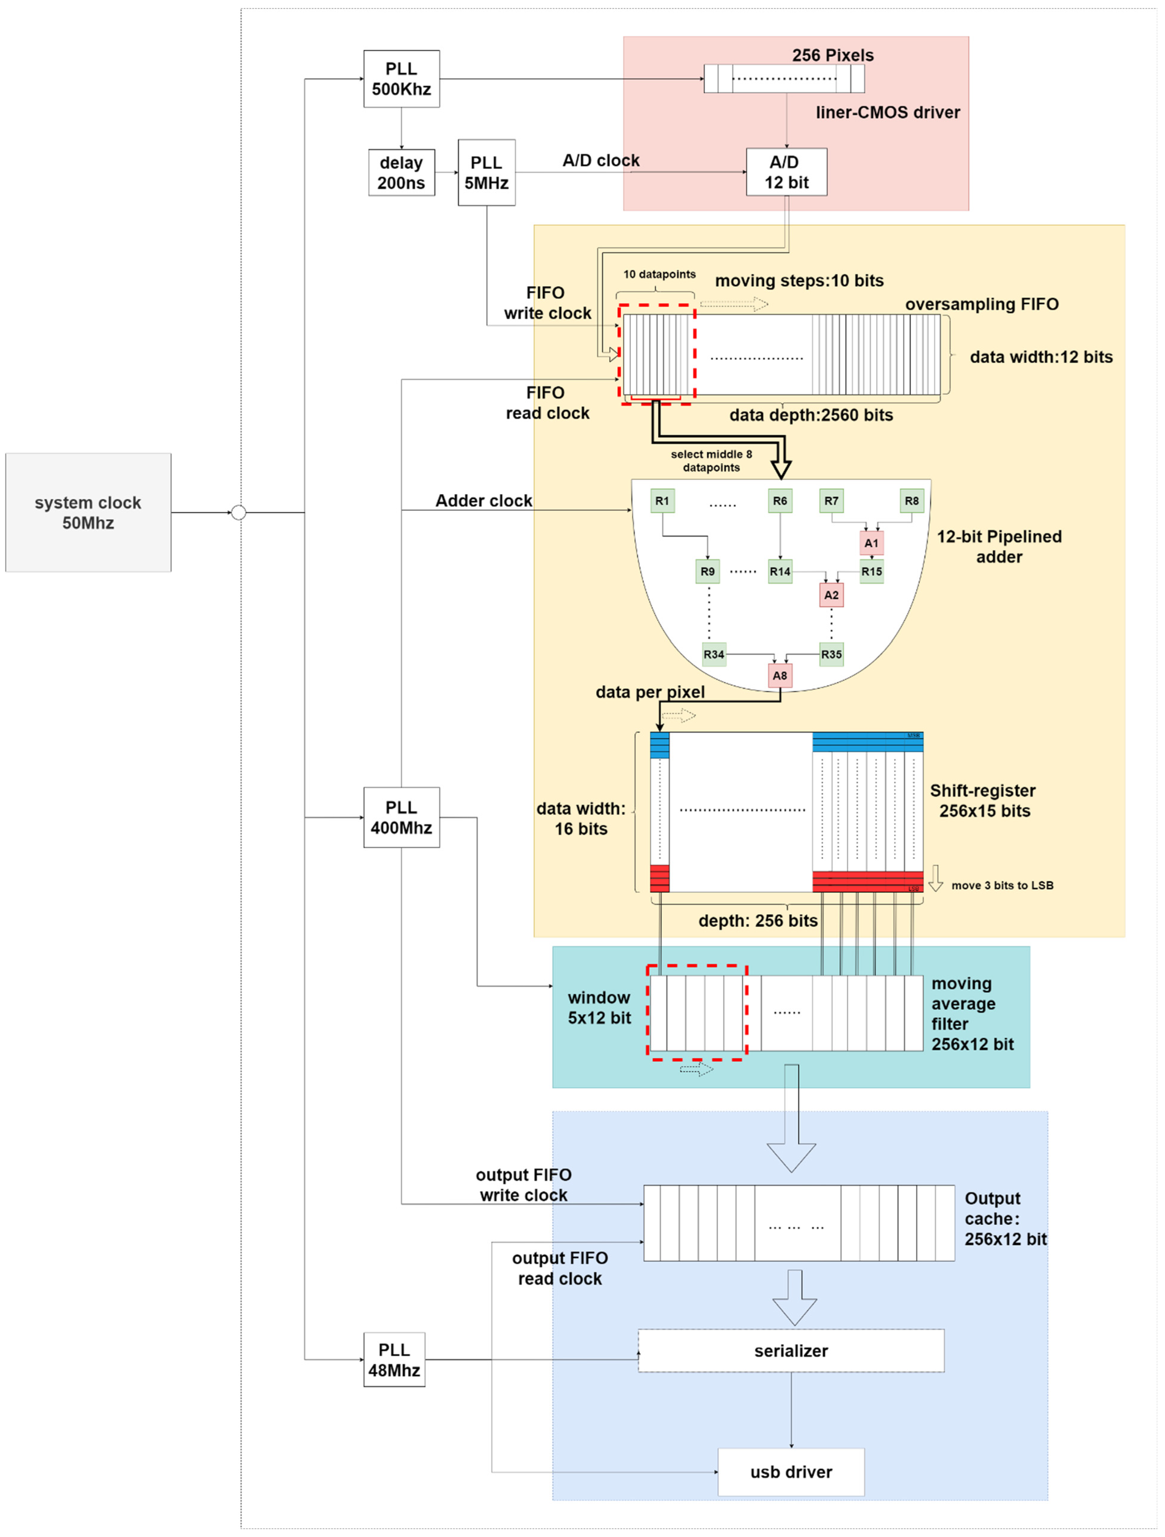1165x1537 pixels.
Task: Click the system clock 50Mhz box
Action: tap(88, 513)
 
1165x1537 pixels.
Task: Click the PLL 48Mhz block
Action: tap(394, 1360)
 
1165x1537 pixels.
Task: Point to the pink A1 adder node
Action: tap(871, 543)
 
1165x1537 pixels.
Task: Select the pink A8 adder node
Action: tap(780, 675)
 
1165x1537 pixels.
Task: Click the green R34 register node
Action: tap(714, 654)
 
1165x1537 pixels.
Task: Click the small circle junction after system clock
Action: tap(238, 513)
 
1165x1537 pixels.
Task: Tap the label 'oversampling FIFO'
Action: tap(981, 304)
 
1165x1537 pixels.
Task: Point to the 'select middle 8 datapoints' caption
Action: tap(711, 461)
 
